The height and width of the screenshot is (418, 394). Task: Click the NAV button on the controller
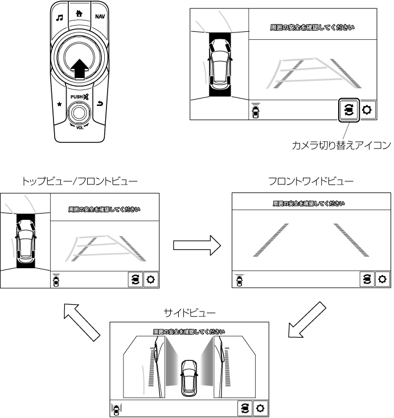(99, 17)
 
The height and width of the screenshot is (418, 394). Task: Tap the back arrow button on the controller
(101, 104)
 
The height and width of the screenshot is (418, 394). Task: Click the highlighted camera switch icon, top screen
(348, 109)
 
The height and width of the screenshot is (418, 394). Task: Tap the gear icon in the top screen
(367, 110)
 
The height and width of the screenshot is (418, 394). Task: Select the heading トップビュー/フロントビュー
(79, 182)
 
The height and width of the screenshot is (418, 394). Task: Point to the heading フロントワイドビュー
(310, 182)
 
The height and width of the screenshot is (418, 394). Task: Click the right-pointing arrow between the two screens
(196, 245)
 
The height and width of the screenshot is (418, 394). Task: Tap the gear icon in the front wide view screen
(382, 279)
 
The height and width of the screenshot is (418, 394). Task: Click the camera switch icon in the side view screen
(244, 408)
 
